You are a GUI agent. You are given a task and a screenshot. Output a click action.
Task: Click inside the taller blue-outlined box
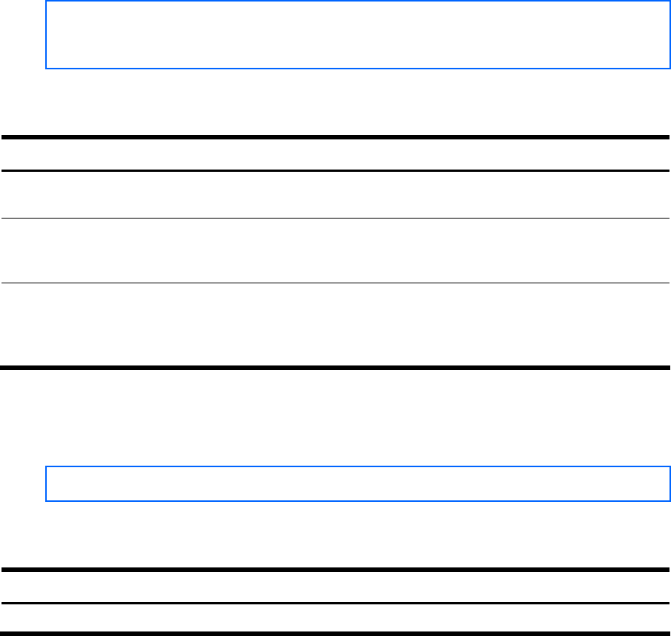(358, 35)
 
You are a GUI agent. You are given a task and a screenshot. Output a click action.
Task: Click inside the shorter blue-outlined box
(358, 484)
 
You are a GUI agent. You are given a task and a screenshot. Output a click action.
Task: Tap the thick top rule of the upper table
(335, 137)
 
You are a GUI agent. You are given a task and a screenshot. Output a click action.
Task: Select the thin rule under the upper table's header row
(335, 171)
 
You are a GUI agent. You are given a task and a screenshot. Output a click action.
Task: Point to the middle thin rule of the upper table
(335, 219)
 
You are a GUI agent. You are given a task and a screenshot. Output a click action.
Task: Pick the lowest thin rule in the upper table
(335, 283)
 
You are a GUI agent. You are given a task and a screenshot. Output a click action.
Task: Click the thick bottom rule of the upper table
(335, 368)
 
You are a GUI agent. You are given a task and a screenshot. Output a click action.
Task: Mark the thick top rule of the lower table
(335, 570)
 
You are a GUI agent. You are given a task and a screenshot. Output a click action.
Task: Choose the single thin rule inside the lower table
(335, 603)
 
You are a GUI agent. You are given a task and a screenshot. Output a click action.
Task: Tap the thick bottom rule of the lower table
(335, 632)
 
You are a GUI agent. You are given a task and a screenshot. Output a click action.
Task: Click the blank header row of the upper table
(335, 154)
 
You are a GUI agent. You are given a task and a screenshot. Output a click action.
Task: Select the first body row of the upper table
(335, 195)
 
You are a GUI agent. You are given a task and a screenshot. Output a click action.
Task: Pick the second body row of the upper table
(335, 251)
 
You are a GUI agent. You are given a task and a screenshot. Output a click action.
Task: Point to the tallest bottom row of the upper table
(335, 325)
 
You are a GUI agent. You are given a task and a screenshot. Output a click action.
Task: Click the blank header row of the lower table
(335, 586)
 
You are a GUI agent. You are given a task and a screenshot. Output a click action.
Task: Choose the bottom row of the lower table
(335, 617)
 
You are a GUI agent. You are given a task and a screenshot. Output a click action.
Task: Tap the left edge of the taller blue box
(47, 35)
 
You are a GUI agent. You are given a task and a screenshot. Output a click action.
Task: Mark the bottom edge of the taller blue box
(358, 69)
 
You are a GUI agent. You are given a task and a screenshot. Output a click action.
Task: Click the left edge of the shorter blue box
(47, 484)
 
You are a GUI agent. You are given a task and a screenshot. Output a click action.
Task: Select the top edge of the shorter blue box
(358, 468)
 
